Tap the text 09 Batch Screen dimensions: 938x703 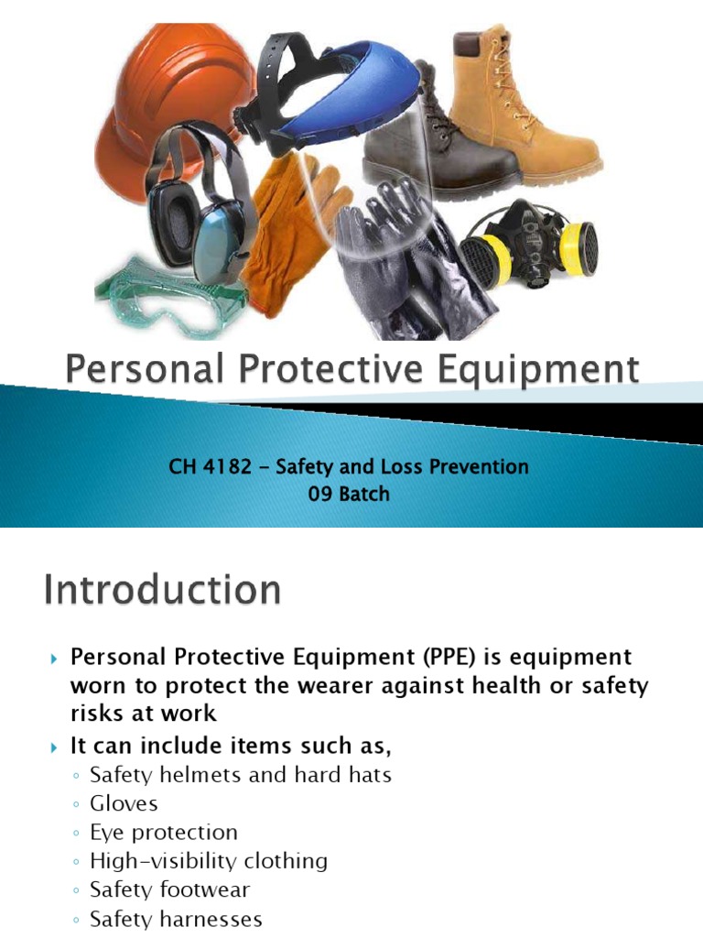[x=349, y=494]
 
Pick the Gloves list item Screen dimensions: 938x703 [x=124, y=803]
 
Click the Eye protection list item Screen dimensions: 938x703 [x=164, y=832]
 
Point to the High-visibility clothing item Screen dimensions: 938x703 [x=209, y=861]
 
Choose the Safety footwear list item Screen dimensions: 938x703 [x=169, y=889]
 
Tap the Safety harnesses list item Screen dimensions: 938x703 [x=176, y=918]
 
